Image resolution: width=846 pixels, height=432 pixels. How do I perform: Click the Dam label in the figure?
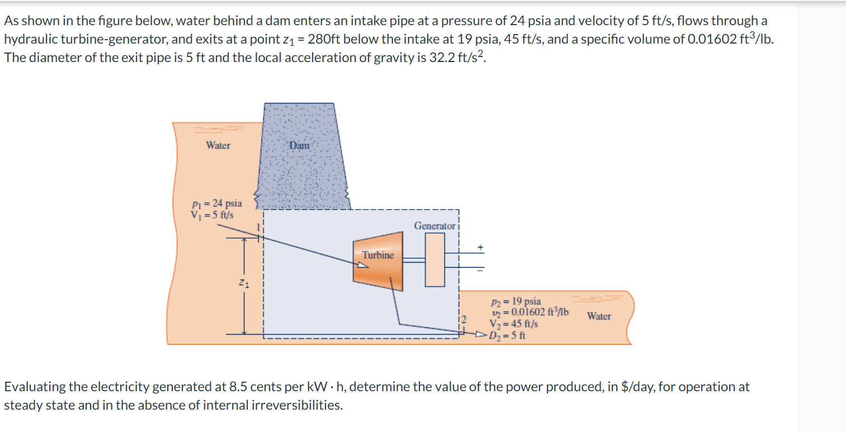tap(300, 145)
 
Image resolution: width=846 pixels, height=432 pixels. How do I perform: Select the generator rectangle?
tap(434, 260)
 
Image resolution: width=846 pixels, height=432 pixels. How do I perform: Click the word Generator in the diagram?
tap(434, 226)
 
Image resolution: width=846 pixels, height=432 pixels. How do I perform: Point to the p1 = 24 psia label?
tap(217, 203)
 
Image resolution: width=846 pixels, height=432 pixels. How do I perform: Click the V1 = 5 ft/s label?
tap(212, 215)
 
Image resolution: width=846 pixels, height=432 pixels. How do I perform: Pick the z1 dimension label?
tap(244, 283)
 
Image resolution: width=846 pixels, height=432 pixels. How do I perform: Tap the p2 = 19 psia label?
tap(516, 301)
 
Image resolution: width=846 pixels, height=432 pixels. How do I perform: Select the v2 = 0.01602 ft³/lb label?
tap(530, 312)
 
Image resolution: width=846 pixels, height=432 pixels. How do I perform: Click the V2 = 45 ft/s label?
tap(514, 324)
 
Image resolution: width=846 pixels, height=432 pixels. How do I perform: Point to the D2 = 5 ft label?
tap(507, 335)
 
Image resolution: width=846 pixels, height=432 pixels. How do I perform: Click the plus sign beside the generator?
tap(480, 248)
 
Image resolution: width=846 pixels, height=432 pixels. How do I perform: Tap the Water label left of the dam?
tap(218, 145)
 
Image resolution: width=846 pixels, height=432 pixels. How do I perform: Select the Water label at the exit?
tap(599, 316)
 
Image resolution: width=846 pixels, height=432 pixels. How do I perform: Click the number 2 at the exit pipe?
tap(464, 320)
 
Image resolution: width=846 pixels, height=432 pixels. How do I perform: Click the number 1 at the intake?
tap(259, 227)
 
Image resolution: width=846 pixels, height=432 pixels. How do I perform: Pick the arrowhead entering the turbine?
tap(362, 265)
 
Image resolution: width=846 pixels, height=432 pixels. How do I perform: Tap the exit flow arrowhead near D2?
tap(481, 334)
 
